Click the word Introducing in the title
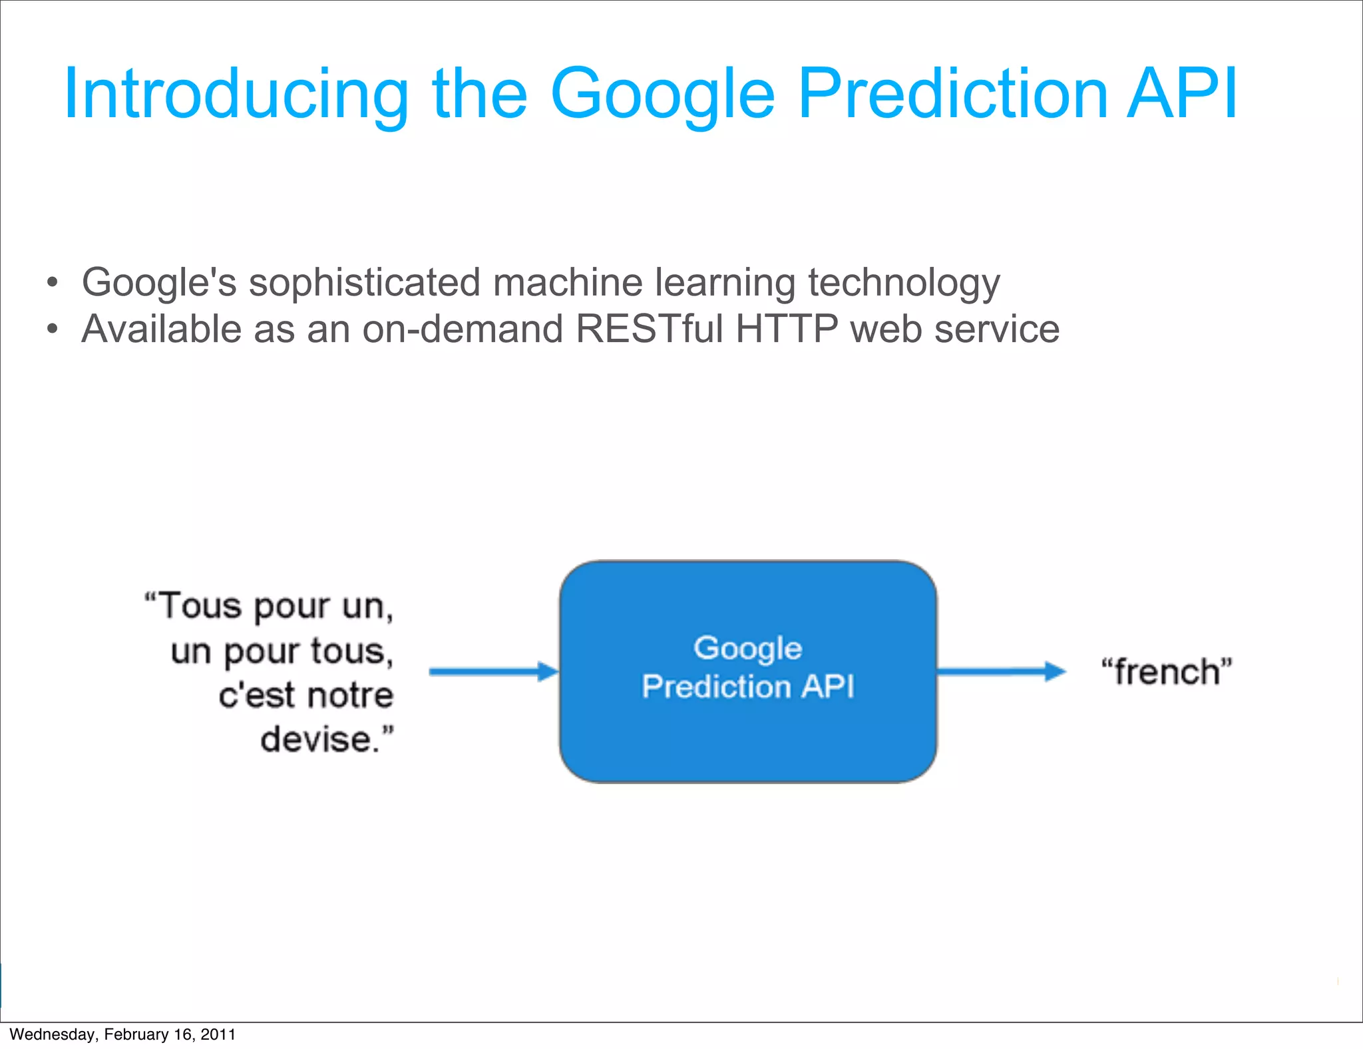236,94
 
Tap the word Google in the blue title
662,94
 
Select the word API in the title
1181,94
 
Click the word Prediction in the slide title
952,94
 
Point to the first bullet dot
53,282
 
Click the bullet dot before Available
53,329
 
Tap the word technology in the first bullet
903,282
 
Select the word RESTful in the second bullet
649,329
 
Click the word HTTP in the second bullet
786,329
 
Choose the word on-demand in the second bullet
463,329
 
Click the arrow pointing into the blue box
493,672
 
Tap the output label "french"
1166,671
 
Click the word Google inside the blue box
747,648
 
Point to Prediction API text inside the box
747,686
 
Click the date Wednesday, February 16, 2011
122,1034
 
